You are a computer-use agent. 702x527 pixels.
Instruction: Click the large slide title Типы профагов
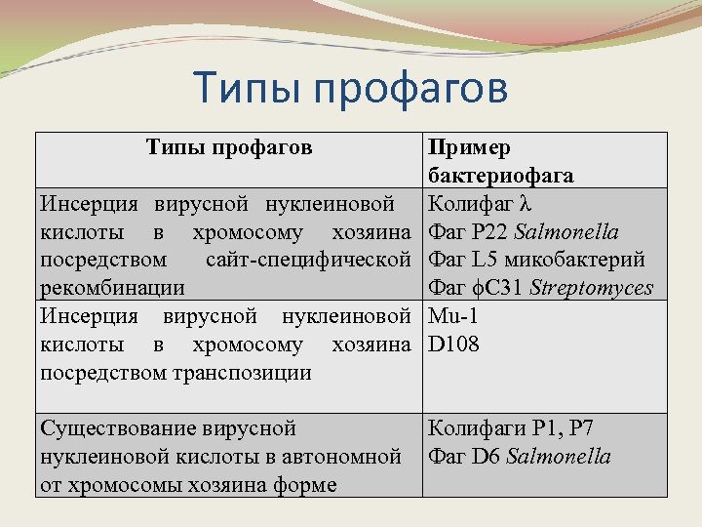[351, 89]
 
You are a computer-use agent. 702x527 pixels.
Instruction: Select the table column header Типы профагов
[229, 147]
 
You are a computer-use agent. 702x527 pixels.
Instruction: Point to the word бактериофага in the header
[500, 176]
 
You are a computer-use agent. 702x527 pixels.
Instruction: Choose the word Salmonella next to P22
[566, 232]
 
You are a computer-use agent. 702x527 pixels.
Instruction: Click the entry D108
[453, 345]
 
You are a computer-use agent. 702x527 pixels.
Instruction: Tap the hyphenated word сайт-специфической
[308, 261]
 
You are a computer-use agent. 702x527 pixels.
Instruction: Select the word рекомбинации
[112, 289]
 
